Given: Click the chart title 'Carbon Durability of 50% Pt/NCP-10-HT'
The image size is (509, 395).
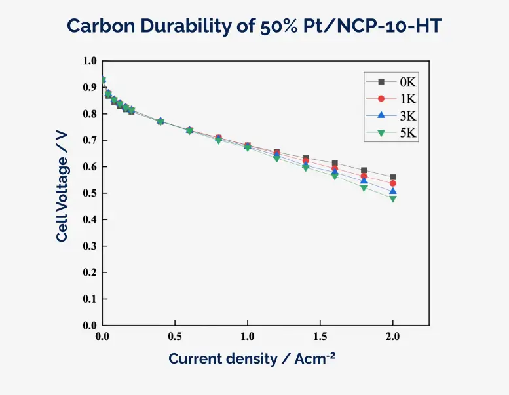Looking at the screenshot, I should click(254, 26).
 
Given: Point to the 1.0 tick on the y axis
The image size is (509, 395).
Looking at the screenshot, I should click(90, 61).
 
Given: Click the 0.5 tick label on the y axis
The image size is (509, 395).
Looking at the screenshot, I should click(90, 193).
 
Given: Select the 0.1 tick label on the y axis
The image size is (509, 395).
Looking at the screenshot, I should click(90, 299).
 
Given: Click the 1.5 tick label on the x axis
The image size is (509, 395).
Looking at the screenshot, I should click(320, 337).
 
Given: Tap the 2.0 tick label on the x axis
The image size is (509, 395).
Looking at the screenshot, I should click(392, 337).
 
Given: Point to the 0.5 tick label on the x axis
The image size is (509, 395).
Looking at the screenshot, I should click(175, 337).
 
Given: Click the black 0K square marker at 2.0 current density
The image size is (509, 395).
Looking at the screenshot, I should click(393, 177).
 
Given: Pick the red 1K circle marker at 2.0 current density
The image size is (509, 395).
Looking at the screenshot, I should click(393, 183).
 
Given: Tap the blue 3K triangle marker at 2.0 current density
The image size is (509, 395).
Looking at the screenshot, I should click(393, 191).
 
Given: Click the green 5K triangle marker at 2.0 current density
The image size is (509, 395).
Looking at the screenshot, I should click(393, 198).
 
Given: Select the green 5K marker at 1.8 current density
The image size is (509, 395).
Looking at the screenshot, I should click(364, 188).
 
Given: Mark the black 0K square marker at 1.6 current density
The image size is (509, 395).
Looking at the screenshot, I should click(335, 163).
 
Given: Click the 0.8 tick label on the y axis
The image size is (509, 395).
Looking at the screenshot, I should click(90, 114).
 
